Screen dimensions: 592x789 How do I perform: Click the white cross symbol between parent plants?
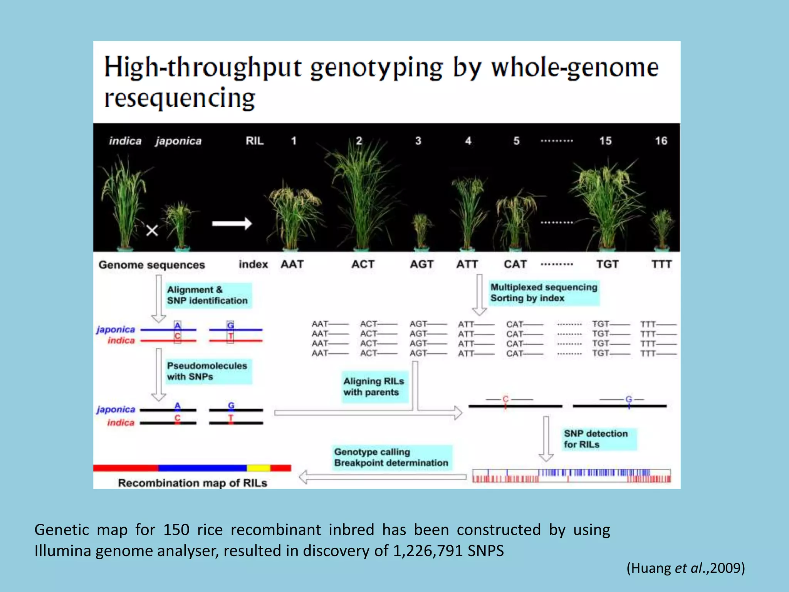tap(152, 230)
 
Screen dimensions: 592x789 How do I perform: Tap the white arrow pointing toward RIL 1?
tap(232, 224)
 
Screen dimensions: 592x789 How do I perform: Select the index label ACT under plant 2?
tap(363, 264)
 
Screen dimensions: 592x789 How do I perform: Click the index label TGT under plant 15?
tap(607, 264)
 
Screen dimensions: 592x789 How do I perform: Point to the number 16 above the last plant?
tap(661, 141)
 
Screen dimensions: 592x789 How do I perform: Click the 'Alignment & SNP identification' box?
tap(208, 295)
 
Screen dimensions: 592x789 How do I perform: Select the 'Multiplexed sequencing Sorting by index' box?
tap(544, 293)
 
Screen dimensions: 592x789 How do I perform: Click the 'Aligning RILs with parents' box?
tap(374, 387)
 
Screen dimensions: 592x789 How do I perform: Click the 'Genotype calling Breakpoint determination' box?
tap(391, 457)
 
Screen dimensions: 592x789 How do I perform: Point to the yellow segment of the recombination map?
tap(259, 468)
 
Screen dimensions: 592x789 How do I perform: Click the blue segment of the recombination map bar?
tap(202, 468)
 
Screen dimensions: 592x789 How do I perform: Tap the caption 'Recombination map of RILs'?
tap(192, 483)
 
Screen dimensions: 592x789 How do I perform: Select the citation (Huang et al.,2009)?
tap(686, 568)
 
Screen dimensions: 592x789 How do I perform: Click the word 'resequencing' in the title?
tap(180, 98)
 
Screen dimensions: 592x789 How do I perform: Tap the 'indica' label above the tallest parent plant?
tap(125, 141)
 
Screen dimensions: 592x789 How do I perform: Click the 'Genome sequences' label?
tap(152, 265)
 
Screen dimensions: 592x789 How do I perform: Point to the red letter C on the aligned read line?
tap(505, 399)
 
